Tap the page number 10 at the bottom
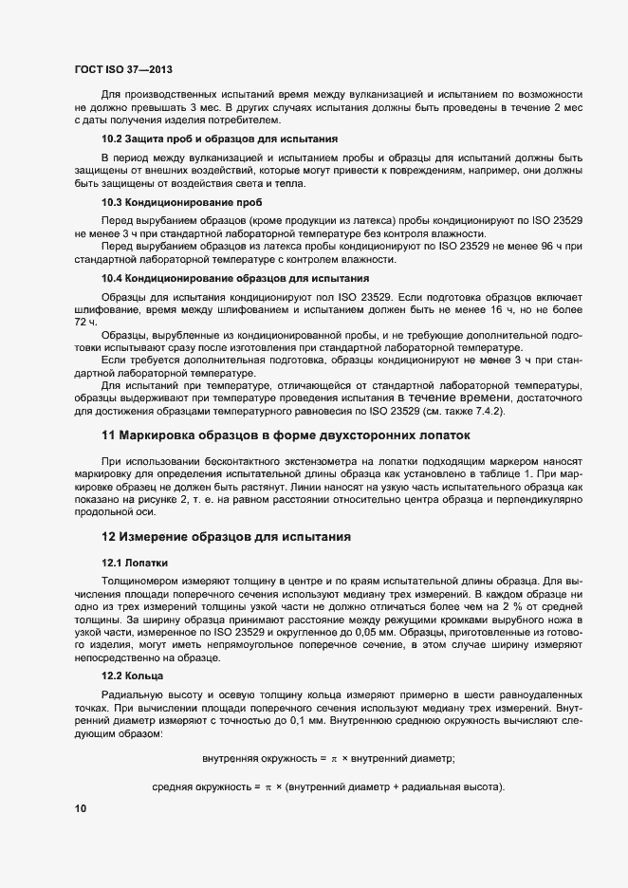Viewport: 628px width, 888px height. click(x=80, y=809)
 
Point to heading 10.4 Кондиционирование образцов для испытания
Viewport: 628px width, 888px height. click(x=235, y=278)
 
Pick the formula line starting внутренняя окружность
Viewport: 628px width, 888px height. click(x=329, y=757)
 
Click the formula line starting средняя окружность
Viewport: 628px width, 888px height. click(x=328, y=786)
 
